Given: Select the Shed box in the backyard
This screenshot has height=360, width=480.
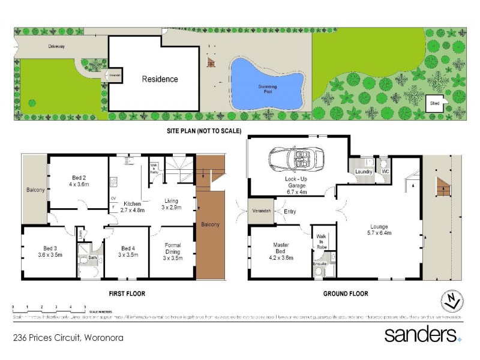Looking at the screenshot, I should tap(434, 103).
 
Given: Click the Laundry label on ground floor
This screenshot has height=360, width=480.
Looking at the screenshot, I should tap(364, 172).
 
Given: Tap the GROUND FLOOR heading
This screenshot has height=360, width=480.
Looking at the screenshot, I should tap(347, 294).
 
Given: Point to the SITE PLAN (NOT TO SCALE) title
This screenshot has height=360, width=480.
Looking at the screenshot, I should tap(203, 130).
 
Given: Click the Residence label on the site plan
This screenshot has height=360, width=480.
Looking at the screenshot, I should tap(160, 79).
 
